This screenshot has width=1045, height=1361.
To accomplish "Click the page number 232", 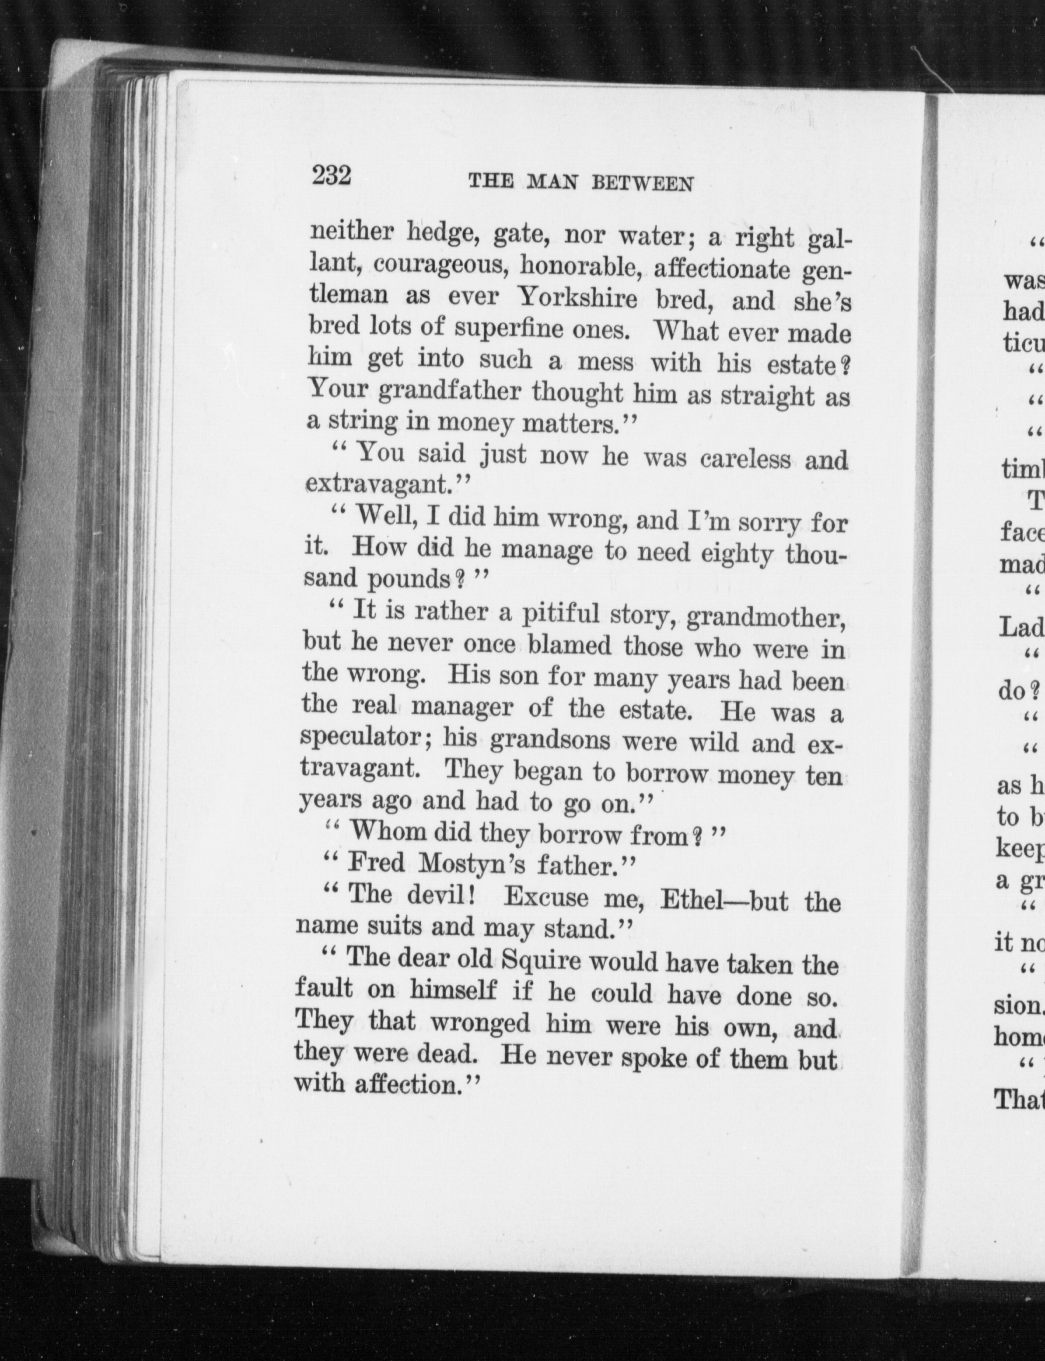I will pyautogui.click(x=332, y=176).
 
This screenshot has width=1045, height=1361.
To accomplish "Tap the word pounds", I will pyautogui.click(x=408, y=580).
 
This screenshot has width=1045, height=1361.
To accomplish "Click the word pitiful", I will pyautogui.click(x=559, y=614).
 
